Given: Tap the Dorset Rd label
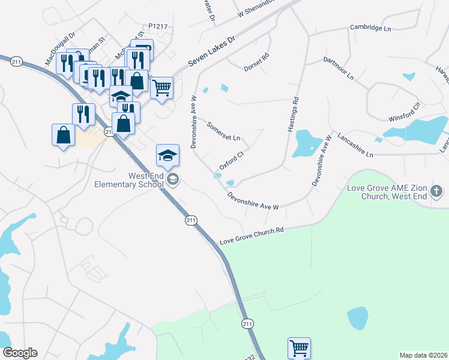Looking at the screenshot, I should [257, 64].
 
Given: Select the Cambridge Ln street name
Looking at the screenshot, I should [370, 28].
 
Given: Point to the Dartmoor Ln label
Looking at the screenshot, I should [339, 70].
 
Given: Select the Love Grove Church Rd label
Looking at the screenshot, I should [252, 236].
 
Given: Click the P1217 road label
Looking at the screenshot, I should [157, 26].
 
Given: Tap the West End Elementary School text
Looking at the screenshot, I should [129, 180].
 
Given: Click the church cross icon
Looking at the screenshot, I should [436, 192].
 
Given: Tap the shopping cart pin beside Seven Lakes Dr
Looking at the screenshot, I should [161, 88].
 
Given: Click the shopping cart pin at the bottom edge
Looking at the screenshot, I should [298, 347].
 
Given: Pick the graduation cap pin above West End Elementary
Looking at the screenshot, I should [167, 155].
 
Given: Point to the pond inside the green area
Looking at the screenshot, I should [357, 318].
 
